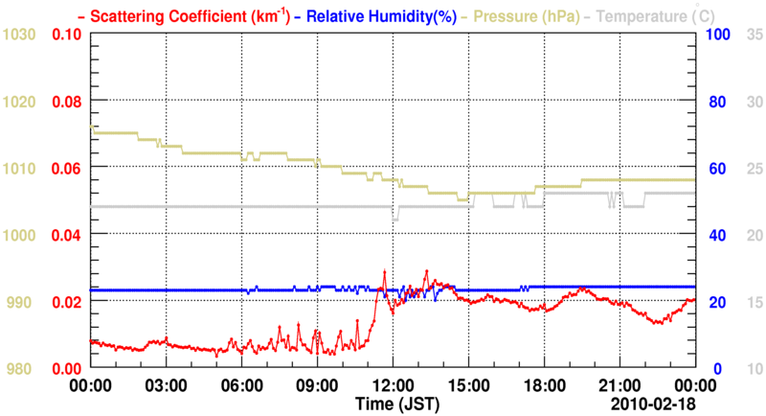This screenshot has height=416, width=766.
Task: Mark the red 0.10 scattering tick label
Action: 66,35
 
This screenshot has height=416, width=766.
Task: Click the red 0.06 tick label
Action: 66,169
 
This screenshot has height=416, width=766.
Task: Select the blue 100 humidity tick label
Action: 718,35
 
